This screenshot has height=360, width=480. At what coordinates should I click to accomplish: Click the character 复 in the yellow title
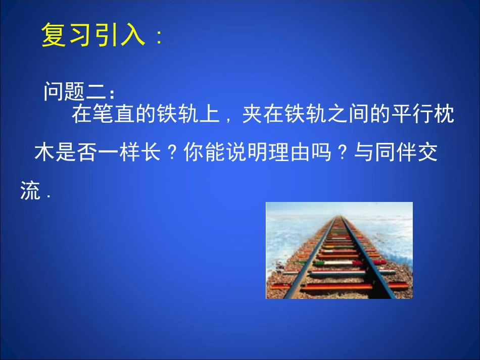click(x=54, y=35)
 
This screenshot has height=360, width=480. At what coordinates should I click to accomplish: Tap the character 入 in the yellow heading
click(x=133, y=35)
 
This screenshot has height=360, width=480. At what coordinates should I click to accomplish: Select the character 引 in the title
click(x=107, y=35)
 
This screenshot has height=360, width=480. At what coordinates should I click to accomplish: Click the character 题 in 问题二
click(x=76, y=91)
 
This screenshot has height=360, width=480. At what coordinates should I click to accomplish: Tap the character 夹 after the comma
click(x=253, y=115)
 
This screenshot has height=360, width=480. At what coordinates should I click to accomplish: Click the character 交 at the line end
click(x=427, y=153)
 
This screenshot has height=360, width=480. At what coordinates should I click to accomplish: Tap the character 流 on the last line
click(x=31, y=191)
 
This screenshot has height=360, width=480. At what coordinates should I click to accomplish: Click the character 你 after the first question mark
click(x=193, y=153)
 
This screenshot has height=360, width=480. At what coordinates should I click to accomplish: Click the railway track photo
click(x=339, y=250)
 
